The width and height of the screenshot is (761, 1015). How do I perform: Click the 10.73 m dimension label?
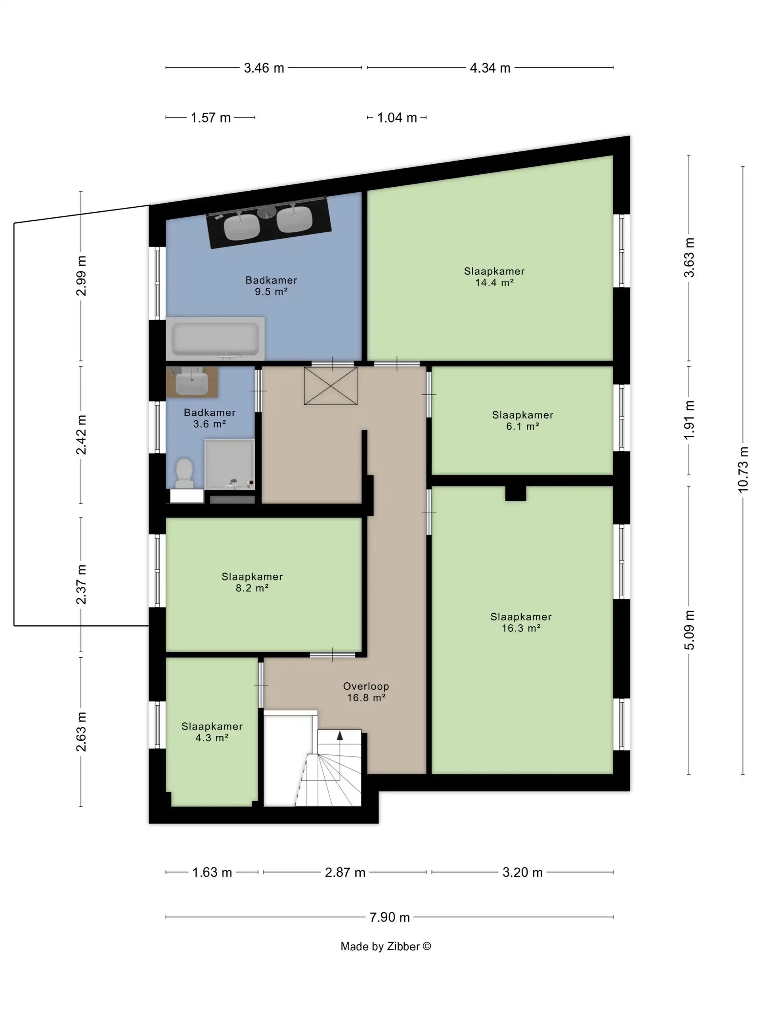(743, 469)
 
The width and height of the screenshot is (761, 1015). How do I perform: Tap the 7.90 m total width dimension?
(390, 917)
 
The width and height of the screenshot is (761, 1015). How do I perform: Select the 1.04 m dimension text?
(397, 118)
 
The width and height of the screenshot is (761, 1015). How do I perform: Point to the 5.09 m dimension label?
(689, 630)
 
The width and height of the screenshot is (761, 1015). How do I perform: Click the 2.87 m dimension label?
(345, 872)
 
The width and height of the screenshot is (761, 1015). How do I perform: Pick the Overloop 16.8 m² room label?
(366, 692)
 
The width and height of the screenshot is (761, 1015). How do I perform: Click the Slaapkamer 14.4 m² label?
(494, 277)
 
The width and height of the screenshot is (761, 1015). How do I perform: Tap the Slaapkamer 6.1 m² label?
(522, 420)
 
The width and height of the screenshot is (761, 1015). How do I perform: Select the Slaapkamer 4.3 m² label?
(212, 732)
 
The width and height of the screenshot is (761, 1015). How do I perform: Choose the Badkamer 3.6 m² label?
(210, 418)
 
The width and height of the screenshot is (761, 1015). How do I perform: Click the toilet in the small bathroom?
(184, 473)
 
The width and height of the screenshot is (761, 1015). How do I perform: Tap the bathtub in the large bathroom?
(215, 338)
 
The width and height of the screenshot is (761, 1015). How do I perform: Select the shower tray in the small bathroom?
(229, 464)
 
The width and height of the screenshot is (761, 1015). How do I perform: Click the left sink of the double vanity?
(242, 227)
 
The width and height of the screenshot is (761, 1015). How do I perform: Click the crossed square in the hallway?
(331, 386)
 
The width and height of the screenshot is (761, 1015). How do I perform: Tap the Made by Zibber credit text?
(385, 946)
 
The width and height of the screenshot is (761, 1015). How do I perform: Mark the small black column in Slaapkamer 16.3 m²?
(516, 493)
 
